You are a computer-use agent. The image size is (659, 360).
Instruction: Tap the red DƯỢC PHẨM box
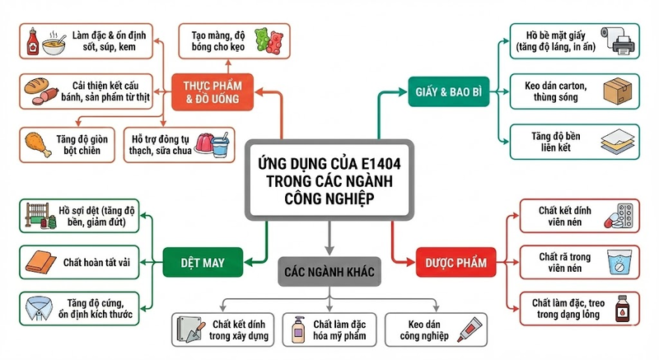point(451,264)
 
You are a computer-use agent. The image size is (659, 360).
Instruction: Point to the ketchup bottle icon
point(33,40)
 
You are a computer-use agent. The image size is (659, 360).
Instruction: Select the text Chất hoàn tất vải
point(96,263)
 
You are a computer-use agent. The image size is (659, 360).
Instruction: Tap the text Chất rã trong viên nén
point(567,263)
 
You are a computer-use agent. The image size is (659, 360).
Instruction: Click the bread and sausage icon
point(39,90)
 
